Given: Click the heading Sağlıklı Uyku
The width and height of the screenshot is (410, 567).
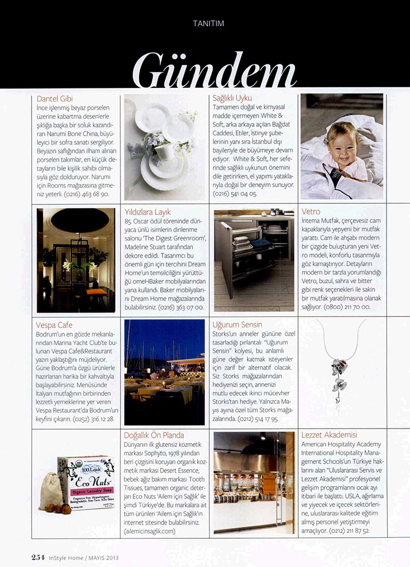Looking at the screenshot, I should (232, 98).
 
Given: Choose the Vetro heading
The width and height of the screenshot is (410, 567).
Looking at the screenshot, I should (311, 212).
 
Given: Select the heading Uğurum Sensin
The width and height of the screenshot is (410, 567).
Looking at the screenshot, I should (237, 325).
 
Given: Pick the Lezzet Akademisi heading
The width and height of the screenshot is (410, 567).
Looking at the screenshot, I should (329, 435).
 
